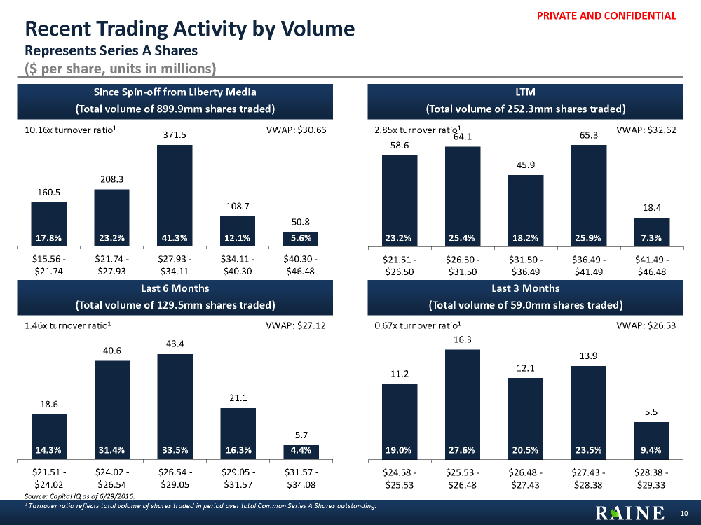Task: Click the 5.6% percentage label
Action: click(301, 238)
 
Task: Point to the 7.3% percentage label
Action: click(652, 238)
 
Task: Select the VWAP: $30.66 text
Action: click(297, 129)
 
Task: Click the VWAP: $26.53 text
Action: click(646, 325)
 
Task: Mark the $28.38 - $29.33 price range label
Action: click(652, 477)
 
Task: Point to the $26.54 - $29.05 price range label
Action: click(175, 477)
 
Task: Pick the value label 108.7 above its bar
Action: click(238, 206)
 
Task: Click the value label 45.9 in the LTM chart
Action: click(526, 164)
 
